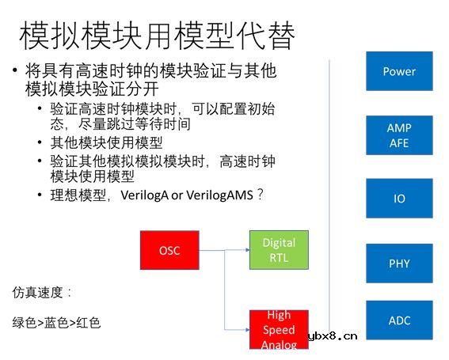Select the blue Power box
399,71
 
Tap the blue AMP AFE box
399,135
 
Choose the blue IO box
399,199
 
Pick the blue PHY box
399,263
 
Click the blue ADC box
399,320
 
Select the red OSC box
169,251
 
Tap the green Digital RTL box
278,250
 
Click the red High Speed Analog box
278,329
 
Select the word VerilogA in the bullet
143,195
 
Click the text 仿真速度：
42,292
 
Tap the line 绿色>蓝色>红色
56,323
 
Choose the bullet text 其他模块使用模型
106,142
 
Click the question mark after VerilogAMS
260,195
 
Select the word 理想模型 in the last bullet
78,195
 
